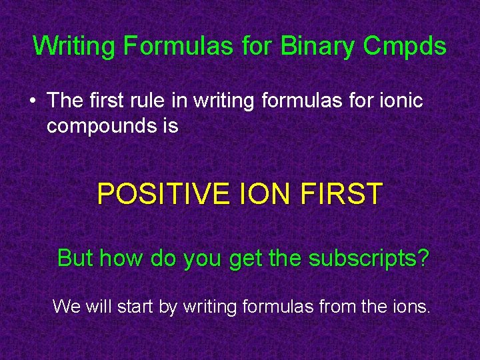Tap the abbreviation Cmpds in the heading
pyautogui.click(x=405, y=46)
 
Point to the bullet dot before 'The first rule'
pyautogui.click(x=32, y=101)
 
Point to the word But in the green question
pyautogui.click(x=75, y=258)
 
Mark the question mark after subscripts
pyautogui.click(x=424, y=258)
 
